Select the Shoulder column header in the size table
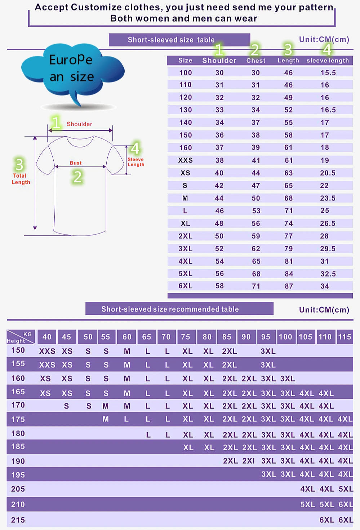coord(219,61)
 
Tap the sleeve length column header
coord(328,61)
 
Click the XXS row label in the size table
coord(185,160)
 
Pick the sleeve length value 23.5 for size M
coord(328,198)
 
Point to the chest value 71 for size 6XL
coord(256,286)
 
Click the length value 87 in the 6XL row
coord(289,286)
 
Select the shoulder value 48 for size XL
coord(219,224)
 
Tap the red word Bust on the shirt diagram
coord(76,163)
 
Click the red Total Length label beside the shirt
coord(21,179)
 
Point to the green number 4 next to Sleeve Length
coord(135,148)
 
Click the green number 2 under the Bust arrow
coord(77,177)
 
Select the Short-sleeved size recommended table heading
coord(170,309)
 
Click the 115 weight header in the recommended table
coord(345,337)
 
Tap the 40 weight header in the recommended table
coord(47,337)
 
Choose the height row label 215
coord(18,520)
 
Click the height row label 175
coord(18,419)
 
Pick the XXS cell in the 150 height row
coord(47,351)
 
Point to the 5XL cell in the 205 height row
coord(346,489)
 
